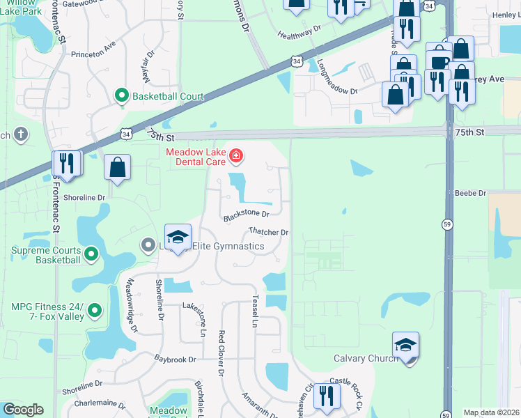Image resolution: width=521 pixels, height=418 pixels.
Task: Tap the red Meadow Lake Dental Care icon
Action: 236,155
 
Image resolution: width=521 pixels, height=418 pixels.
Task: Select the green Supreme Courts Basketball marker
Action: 91,254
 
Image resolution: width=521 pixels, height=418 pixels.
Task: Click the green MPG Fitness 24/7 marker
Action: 95,311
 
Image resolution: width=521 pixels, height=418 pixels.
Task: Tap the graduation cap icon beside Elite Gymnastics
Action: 178,237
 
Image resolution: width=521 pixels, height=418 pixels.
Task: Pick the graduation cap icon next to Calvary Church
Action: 405,346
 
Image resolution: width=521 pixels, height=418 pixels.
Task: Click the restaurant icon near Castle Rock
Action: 326,397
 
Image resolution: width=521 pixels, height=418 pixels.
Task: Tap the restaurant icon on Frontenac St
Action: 67,164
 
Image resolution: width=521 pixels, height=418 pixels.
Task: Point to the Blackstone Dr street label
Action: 246,215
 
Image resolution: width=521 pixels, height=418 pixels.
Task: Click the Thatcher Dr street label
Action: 268,232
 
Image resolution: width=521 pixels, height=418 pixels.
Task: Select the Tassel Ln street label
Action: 254,311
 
